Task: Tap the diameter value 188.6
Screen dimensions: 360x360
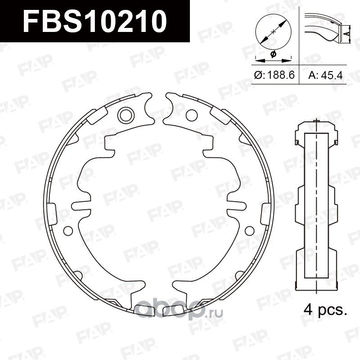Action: [279, 75]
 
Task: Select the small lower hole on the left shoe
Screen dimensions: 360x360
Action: [67, 230]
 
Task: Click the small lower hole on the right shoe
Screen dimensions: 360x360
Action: [247, 230]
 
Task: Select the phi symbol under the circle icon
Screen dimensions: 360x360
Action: [273, 54]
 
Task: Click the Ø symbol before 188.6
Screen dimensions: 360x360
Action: [258, 75]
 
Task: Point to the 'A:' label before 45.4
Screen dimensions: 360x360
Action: [313, 75]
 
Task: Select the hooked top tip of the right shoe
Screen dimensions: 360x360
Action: [170, 97]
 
